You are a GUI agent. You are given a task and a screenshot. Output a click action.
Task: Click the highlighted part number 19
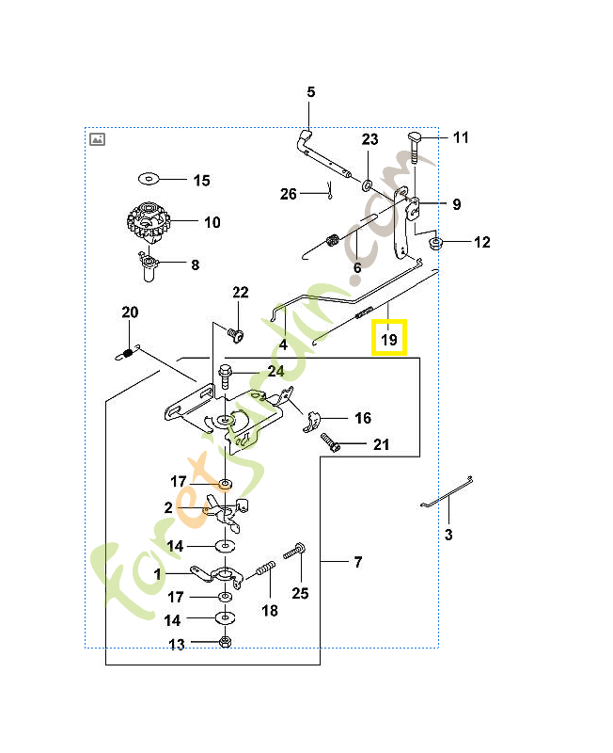tap(389, 338)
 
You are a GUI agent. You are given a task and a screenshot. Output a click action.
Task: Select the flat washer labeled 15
tap(149, 178)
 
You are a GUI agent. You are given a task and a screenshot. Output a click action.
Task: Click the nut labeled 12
tap(436, 243)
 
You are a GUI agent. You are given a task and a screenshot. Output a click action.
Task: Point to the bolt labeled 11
tap(417, 143)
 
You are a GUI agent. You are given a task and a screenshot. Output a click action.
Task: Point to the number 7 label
tap(357, 563)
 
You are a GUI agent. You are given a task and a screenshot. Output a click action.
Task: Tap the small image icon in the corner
tap(97, 138)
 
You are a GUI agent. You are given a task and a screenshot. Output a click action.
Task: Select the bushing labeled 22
tap(236, 333)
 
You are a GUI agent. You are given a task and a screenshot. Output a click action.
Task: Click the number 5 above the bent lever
tap(310, 92)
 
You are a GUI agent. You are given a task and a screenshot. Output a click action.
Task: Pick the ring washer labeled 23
tap(367, 178)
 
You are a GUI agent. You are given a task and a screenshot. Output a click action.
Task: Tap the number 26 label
tap(289, 195)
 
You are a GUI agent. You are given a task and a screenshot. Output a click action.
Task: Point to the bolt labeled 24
tap(227, 374)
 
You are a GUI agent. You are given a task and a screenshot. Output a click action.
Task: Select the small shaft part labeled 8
tap(148, 266)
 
